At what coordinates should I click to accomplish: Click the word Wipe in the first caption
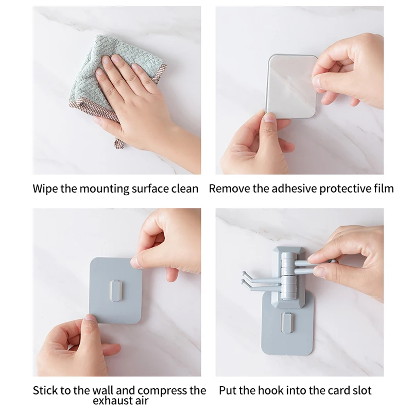point(45,188)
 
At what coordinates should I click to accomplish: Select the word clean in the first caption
point(184,188)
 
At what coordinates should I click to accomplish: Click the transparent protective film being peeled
point(291,85)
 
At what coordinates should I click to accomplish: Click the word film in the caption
point(383,188)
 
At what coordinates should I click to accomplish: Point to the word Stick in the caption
point(45,390)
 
